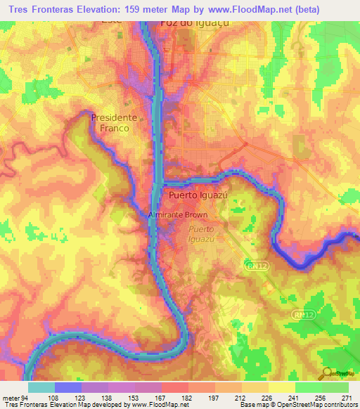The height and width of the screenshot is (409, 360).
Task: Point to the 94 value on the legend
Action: pos(26,398)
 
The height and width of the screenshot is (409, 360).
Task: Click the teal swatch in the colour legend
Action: pos(41,387)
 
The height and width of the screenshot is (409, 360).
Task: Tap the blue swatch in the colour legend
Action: pos(68,387)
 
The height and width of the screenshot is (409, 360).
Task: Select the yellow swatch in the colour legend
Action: pos(281,387)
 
